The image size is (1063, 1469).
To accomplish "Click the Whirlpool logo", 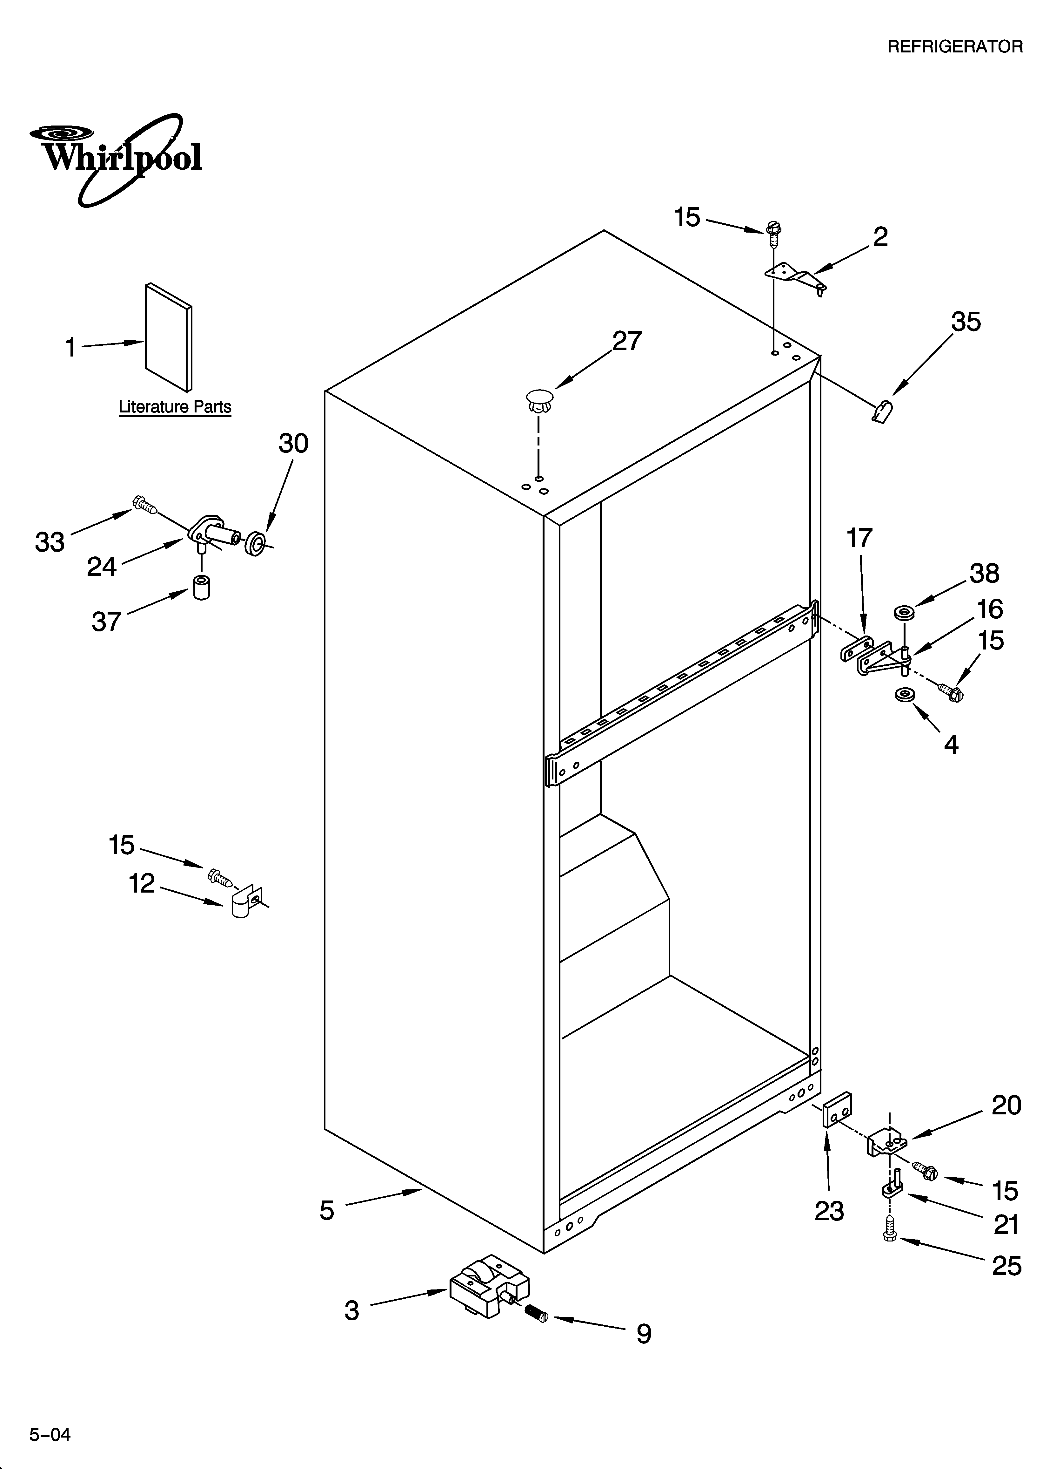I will coord(117,159).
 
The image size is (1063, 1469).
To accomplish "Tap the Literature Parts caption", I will coord(175,407).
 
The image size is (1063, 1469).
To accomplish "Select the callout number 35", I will coord(965,322).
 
